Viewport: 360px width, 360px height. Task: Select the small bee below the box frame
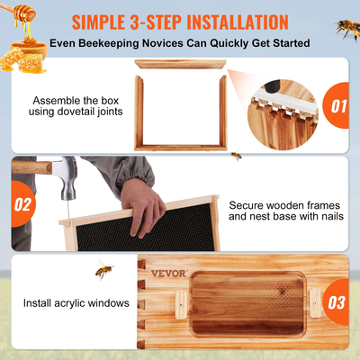coord(236,156)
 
